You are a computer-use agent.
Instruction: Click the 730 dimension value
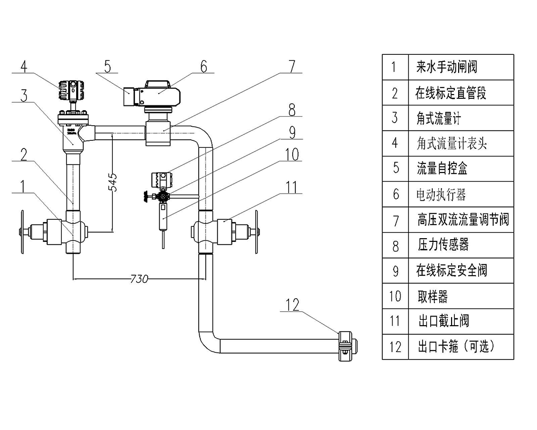tap(139, 279)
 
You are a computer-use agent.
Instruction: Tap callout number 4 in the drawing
tap(24, 66)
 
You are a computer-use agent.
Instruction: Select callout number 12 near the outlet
tap(293, 305)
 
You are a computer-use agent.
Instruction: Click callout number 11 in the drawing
tap(291, 187)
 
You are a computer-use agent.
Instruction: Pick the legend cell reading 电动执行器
tap(441, 193)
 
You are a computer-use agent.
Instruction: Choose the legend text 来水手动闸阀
tap(446, 67)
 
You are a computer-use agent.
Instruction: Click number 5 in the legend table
tap(396, 168)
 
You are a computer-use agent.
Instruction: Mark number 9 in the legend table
tap(396, 270)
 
